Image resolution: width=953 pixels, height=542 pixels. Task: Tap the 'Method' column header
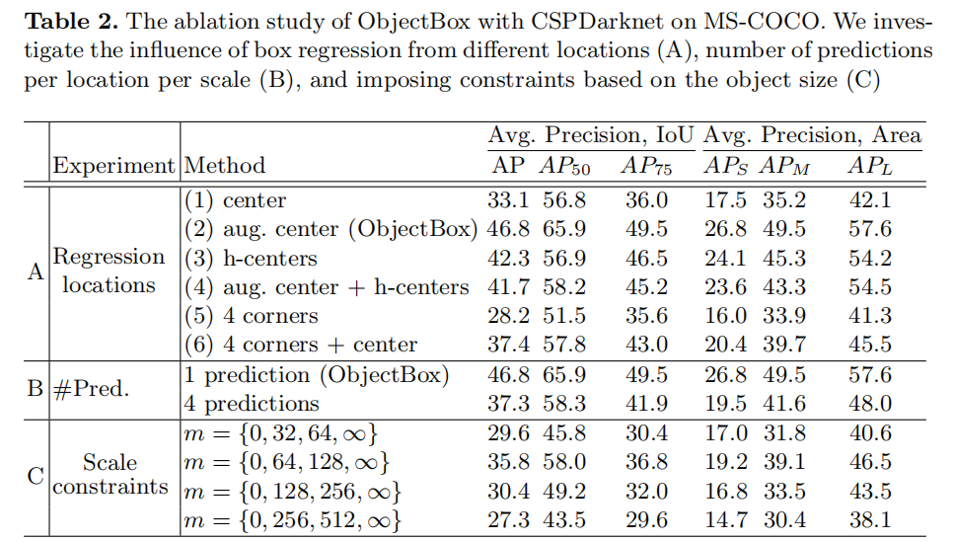point(225,165)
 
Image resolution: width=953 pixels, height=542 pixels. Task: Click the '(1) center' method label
point(236,200)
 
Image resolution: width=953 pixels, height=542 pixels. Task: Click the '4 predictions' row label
point(252,403)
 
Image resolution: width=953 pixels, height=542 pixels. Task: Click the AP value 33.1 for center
point(509,200)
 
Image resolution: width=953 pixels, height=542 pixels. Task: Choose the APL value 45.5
point(870,345)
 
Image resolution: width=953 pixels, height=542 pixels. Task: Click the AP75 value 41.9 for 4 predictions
point(647,403)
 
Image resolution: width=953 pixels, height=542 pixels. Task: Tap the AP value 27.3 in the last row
point(509,518)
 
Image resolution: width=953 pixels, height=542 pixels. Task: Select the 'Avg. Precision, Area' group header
point(813,135)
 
